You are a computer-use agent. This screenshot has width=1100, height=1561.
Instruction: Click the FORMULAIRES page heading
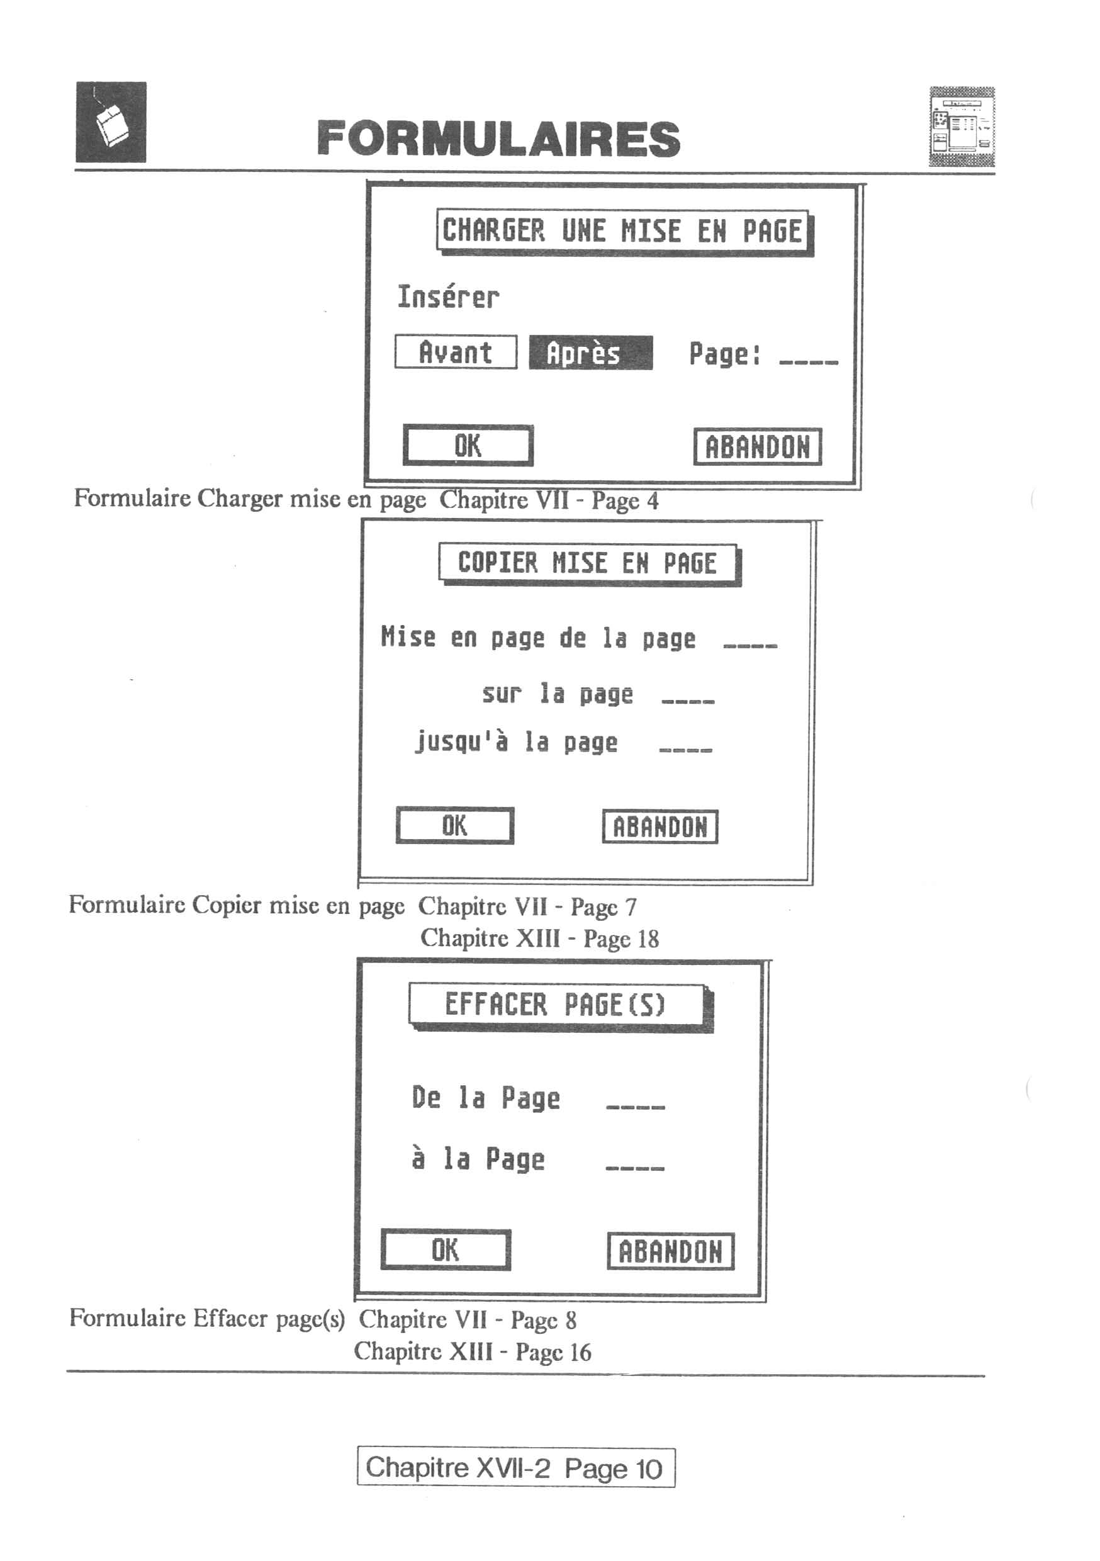pyautogui.click(x=498, y=138)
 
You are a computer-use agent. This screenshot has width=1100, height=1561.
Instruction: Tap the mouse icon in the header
pyautogui.click(x=111, y=121)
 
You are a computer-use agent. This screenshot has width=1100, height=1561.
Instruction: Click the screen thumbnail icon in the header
pyautogui.click(x=962, y=127)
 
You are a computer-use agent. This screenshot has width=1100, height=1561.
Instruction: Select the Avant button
pyautogui.click(x=456, y=352)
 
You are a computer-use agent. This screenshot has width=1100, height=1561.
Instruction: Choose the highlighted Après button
pyautogui.click(x=591, y=353)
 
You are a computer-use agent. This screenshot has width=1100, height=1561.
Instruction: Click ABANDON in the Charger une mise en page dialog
pyautogui.click(x=758, y=447)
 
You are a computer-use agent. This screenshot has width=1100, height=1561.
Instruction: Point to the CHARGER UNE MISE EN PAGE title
pyautogui.click(x=625, y=232)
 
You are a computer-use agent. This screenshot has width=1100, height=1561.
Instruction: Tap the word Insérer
pyautogui.click(x=448, y=297)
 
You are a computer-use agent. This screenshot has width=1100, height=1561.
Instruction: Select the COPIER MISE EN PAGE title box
pyautogui.click(x=590, y=565)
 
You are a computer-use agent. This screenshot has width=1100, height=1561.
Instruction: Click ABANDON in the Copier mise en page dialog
pyautogui.click(x=660, y=826)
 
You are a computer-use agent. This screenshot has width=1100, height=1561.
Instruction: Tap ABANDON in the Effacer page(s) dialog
pyautogui.click(x=670, y=1251)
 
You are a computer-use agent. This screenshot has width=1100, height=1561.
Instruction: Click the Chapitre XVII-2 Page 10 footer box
pyautogui.click(x=516, y=1468)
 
